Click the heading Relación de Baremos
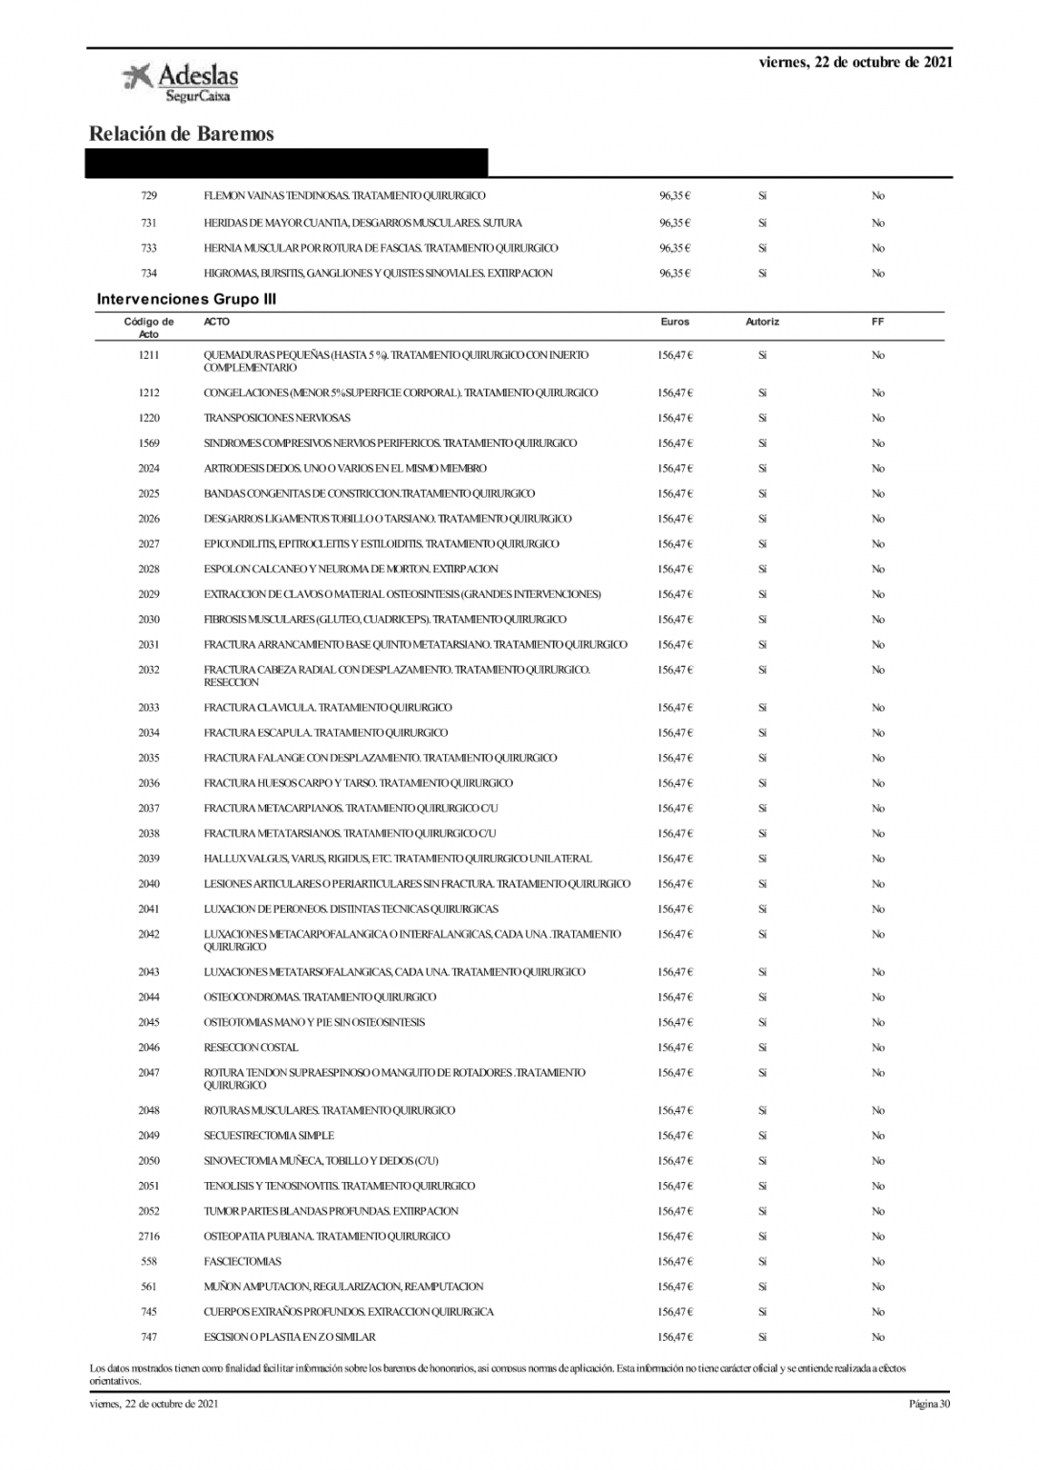tap(181, 134)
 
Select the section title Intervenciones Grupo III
tap(187, 300)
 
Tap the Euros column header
tap(674, 323)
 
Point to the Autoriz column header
tap(763, 323)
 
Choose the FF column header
tap(877, 323)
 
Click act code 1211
tap(148, 355)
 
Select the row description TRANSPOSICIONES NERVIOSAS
tap(276, 418)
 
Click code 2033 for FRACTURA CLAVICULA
tap(148, 708)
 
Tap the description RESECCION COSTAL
tap(251, 1048)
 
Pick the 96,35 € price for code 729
tap(674, 196)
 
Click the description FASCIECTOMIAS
tap(242, 1262)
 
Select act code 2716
tap(148, 1236)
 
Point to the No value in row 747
tap(877, 1338)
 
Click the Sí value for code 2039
tap(763, 859)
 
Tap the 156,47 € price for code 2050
tap(674, 1161)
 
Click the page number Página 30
tap(929, 1405)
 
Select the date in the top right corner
tap(855, 63)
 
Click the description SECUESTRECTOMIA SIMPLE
tap(269, 1136)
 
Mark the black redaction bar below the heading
tap(287, 163)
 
